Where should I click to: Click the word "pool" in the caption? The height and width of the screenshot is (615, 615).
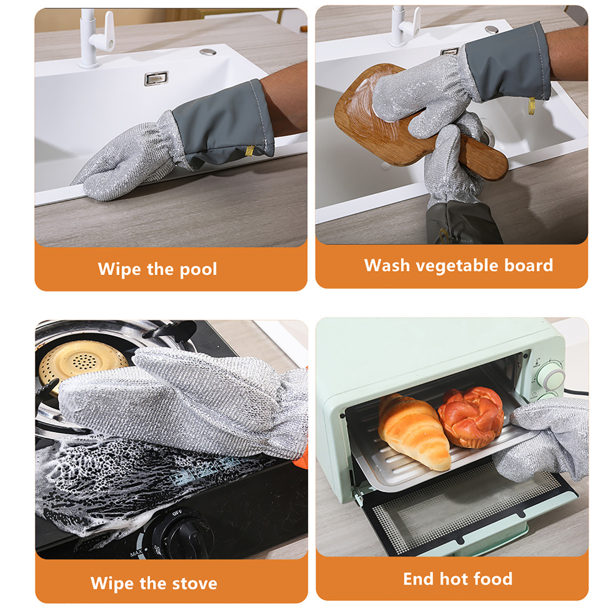tap(198, 269)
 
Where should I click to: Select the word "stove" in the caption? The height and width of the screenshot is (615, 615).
tap(194, 583)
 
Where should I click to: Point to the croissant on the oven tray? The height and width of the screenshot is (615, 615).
tap(413, 430)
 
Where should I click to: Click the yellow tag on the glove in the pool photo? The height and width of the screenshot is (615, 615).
tap(249, 151)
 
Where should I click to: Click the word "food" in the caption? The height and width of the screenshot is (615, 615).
tap(493, 578)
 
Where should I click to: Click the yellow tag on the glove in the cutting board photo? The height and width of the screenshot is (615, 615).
tap(532, 105)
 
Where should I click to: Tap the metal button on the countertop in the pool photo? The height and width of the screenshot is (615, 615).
tap(208, 51)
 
